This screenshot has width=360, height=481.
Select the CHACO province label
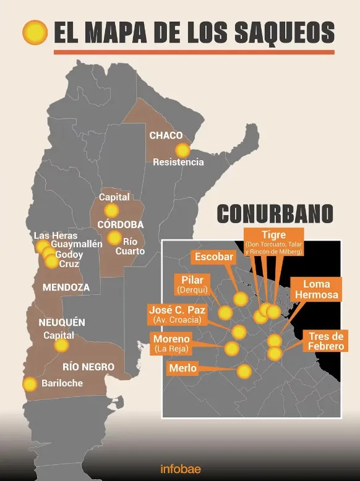[x=166, y=135]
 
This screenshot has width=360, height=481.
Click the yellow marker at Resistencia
[x=182, y=150]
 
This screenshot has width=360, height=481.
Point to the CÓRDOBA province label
[x=121, y=224]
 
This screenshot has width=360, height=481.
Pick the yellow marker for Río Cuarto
[x=114, y=238]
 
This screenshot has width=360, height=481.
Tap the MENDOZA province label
[x=66, y=287]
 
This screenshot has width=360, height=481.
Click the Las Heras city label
[x=56, y=236]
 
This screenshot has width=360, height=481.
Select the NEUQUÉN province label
[x=62, y=323]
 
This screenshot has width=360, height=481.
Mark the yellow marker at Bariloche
[x=30, y=384]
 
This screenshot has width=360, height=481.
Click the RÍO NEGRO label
[x=88, y=367]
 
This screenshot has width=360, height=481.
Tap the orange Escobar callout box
[x=214, y=257]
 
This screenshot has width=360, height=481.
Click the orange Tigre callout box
[x=273, y=242]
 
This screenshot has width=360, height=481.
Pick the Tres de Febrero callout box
[x=325, y=341]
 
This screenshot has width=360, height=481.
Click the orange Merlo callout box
[x=182, y=368]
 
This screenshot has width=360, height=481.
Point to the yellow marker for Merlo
[x=244, y=372]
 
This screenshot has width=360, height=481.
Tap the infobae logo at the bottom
[x=180, y=469]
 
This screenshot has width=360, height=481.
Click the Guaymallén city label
[x=77, y=245]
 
